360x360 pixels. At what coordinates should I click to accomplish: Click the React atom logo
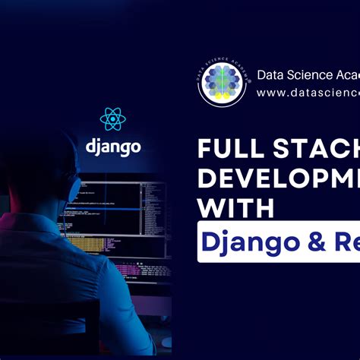point(112,118)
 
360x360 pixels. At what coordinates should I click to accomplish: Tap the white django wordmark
point(112,145)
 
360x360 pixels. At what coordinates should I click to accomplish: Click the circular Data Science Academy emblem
point(221,84)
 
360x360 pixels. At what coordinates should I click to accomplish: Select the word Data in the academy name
point(272,74)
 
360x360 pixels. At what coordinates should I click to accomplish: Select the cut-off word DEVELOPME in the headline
point(279,180)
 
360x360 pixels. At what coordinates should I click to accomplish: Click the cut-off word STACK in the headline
point(319,150)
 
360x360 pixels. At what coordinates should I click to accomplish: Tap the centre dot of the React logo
point(112,118)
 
